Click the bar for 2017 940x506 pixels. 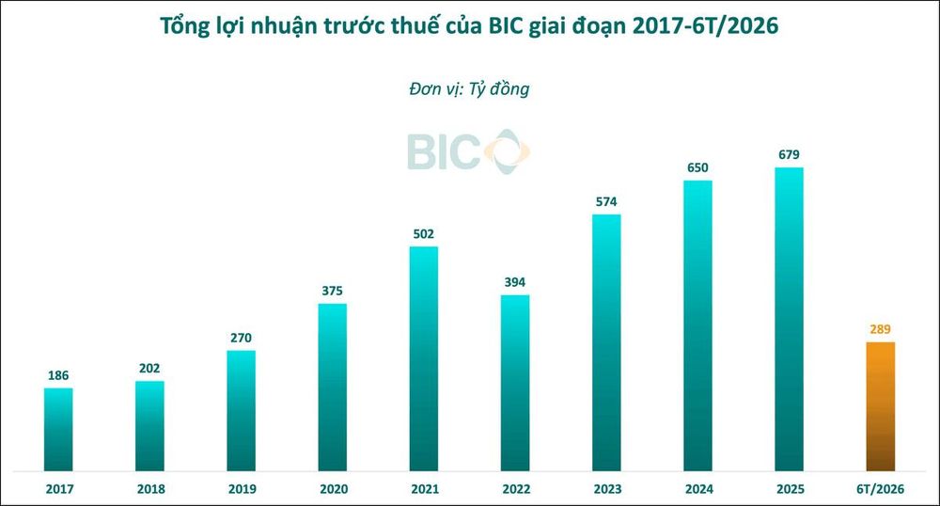(x=58, y=429)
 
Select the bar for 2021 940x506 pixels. (x=424, y=358)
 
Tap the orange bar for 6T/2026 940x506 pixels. (x=881, y=406)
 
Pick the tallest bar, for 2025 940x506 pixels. (x=789, y=319)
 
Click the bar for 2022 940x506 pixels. (x=515, y=383)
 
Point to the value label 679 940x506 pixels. (x=789, y=154)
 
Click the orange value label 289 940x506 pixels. (x=880, y=329)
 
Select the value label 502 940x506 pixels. (x=423, y=234)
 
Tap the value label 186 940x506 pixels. (x=58, y=375)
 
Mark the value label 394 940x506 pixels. (x=515, y=282)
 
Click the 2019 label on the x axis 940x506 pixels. (x=243, y=489)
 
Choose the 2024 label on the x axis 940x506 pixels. (x=699, y=489)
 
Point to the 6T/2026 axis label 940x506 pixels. (x=880, y=489)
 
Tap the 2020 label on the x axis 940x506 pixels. (x=334, y=489)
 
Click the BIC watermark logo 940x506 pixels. (x=468, y=151)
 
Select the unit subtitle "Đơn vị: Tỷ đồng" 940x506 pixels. (x=469, y=89)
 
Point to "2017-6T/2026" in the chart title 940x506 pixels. (x=705, y=25)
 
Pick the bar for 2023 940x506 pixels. (x=606, y=343)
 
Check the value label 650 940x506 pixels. (x=697, y=167)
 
